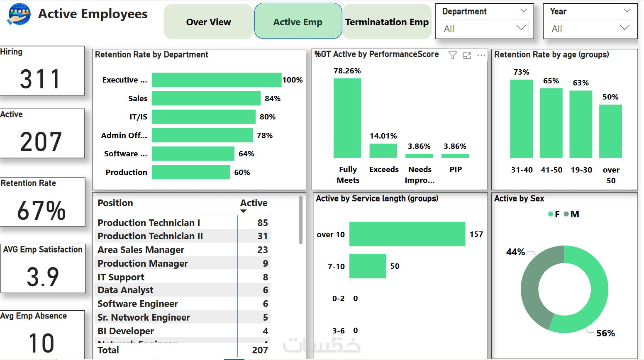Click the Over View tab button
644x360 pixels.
click(208, 22)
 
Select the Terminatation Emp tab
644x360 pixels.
click(387, 22)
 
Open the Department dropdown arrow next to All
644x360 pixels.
click(521, 28)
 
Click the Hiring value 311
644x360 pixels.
click(40, 79)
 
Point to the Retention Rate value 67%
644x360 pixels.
click(41, 210)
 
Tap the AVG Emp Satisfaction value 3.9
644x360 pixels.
click(43, 277)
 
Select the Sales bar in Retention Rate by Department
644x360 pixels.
click(206, 98)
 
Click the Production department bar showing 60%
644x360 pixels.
click(191, 172)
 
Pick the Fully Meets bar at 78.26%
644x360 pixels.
click(347, 118)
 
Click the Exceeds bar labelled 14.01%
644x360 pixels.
click(383, 151)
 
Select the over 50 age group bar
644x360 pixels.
click(610, 131)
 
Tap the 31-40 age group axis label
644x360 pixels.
click(522, 170)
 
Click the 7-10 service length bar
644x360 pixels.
click(368, 266)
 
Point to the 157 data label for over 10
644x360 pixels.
click(476, 234)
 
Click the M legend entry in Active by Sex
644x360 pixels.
click(572, 214)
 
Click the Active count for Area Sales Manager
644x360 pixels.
click(262, 250)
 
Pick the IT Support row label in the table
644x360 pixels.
click(121, 277)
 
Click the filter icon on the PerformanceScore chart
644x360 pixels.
click(453, 55)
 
